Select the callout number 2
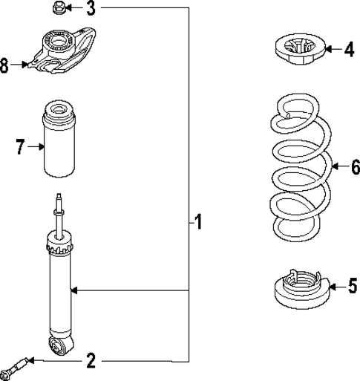coord(91,361)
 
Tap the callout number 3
coord(91,9)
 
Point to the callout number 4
coord(349,50)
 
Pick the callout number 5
coord(352,285)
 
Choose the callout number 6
coord(354,168)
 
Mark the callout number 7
coord(20,147)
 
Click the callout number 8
coord(5,65)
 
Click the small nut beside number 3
coord(58,8)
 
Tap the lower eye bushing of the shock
coord(58,345)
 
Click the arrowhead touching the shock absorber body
coord(73,290)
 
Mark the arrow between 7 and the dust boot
coord(36,147)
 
